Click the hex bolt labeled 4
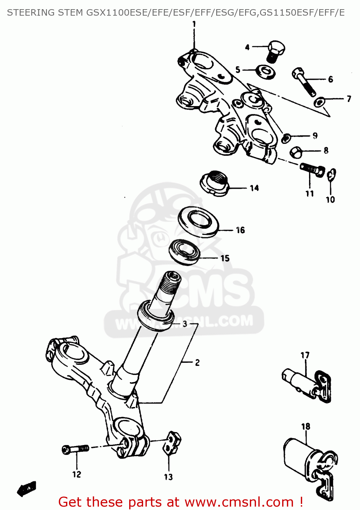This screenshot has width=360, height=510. [276, 51]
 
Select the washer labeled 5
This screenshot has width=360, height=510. [266, 71]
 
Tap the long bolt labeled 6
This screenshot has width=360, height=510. [303, 81]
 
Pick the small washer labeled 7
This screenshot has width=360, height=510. [319, 101]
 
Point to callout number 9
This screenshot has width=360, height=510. [315, 135]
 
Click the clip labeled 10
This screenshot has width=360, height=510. [332, 175]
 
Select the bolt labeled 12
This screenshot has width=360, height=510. [75, 449]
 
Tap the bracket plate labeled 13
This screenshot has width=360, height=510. [172, 442]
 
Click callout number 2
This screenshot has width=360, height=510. [197, 362]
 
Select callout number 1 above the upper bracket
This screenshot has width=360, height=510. [194, 24]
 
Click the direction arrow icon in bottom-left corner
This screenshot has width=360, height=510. [27, 489]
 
